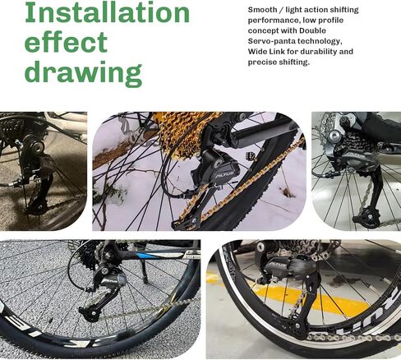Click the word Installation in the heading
[x=107, y=13]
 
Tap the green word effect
[x=66, y=43]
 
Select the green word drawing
[x=83, y=72]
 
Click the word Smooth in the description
[x=262, y=8]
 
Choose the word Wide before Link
[x=259, y=51]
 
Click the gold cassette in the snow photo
[x=194, y=132]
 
